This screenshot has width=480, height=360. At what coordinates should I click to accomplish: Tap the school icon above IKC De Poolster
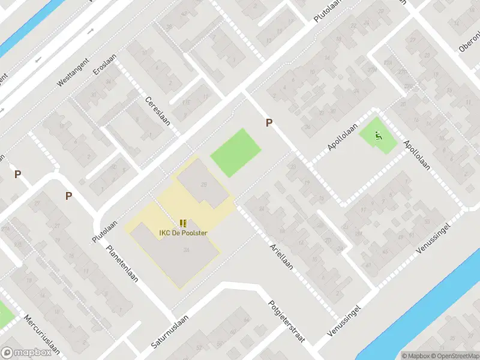pyautogui.click(x=183, y=223)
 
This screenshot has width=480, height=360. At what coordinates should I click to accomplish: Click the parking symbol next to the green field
pyautogui.click(x=269, y=122)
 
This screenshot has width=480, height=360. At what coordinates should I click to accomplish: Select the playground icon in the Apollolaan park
pyautogui.click(x=377, y=137)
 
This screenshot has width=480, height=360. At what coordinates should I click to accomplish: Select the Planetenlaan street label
pyautogui.click(x=119, y=264)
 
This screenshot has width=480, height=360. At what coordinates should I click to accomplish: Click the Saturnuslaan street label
pyautogui.click(x=170, y=332)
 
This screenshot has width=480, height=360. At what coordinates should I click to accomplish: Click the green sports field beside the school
pyautogui.click(x=236, y=152)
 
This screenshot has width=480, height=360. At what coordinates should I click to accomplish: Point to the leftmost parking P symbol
pyautogui.click(x=18, y=174)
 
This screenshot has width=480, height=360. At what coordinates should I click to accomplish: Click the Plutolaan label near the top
pyautogui.click(x=327, y=11)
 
